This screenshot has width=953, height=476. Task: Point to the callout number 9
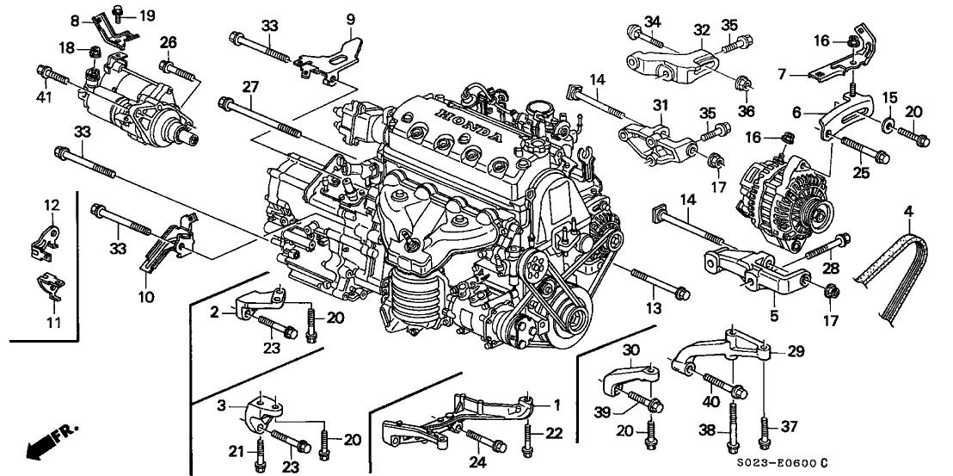(350, 18)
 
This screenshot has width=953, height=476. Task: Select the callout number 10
(144, 298)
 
